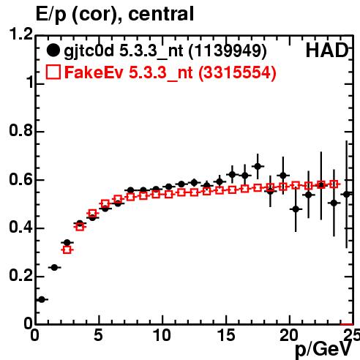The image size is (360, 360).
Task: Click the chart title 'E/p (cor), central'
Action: point(115,14)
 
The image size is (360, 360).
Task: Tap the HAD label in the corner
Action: point(327,50)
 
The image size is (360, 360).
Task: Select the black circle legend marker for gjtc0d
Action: point(53,50)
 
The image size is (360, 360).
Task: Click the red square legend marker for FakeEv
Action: point(53,72)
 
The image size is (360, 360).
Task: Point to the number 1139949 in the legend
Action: point(228,50)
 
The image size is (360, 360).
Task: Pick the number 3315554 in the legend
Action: point(237,72)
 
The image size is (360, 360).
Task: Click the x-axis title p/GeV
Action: point(323,349)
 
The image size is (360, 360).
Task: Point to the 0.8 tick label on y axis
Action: point(20,130)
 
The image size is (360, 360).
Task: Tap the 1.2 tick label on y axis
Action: point(20,34)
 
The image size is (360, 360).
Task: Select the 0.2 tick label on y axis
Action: point(20,275)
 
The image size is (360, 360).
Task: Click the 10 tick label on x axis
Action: point(162,335)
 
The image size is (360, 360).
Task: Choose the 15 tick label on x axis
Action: point(226,335)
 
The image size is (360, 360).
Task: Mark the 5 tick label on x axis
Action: point(98,335)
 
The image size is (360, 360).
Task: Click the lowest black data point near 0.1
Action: point(42,299)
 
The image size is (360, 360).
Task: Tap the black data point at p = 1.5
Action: point(54,268)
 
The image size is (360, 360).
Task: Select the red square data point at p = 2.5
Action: point(67,250)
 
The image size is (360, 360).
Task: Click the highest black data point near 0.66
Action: point(258,166)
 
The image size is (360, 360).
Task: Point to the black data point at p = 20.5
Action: point(296,209)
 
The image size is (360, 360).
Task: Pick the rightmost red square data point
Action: point(334,184)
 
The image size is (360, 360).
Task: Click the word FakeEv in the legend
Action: point(94,72)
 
